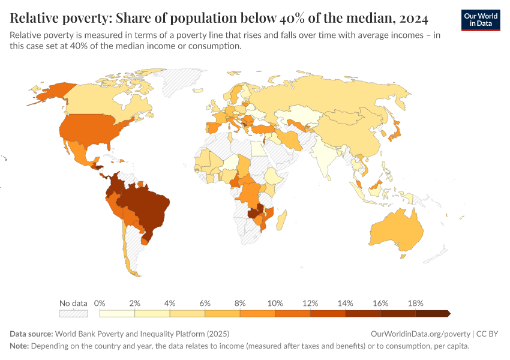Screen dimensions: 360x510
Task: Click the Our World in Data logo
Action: coord(480,20)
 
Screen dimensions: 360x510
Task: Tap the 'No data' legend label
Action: coord(73,303)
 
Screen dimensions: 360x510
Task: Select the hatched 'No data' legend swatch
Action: coord(73,313)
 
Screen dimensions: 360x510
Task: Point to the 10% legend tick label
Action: coord(275,303)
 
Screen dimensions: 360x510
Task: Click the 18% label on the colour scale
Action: coord(415,303)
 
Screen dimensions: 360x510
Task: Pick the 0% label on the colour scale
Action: coord(100,303)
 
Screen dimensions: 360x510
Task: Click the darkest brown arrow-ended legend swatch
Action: coord(432,313)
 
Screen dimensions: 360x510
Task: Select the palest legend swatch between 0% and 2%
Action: coord(117,313)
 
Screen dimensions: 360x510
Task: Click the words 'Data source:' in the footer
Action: coord(31,334)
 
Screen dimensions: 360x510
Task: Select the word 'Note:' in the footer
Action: coord(19,346)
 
